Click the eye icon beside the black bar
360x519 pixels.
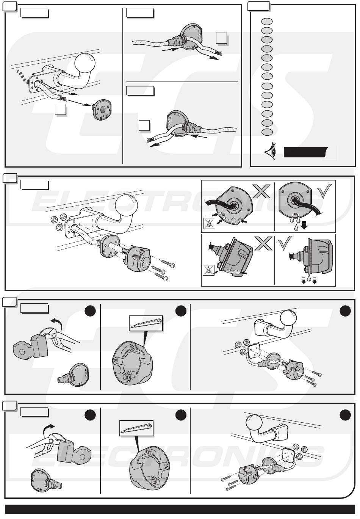point(271,152)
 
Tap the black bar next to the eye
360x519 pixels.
point(305,152)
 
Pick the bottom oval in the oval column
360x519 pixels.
point(267,132)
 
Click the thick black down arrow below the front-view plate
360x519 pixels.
point(304,227)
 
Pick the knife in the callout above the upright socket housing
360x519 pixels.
point(146,322)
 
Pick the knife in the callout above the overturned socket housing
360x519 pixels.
point(136,427)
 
